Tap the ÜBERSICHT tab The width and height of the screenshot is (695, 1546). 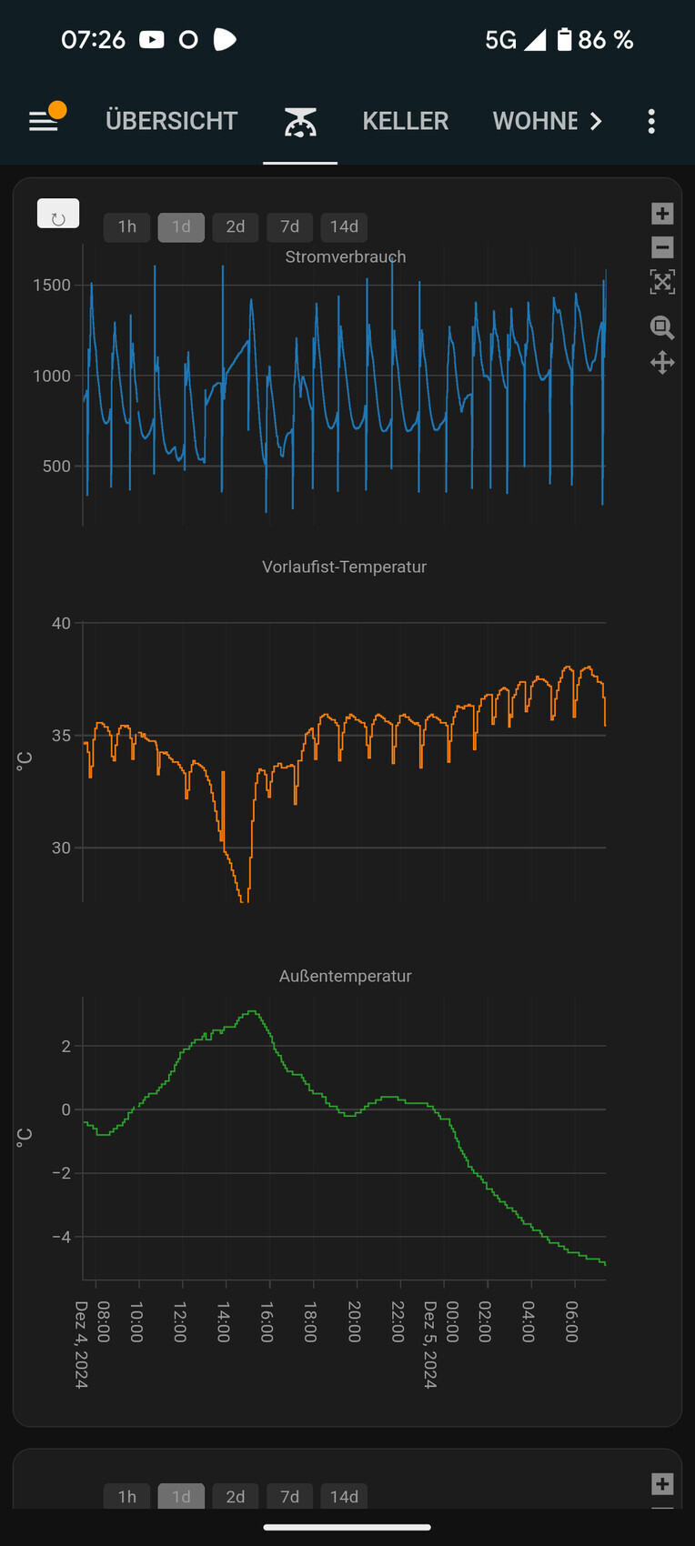pyautogui.click(x=171, y=121)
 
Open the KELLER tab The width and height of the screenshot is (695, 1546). pyautogui.click(x=405, y=121)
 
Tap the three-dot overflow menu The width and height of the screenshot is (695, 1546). pyautogui.click(x=651, y=121)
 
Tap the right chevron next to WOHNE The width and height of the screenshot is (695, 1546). pyautogui.click(x=596, y=121)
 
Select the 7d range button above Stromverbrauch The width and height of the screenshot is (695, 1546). pyautogui.click(x=289, y=226)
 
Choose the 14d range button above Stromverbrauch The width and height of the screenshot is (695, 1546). pyautogui.click(x=344, y=226)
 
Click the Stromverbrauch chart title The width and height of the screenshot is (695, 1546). pyautogui.click(x=346, y=256)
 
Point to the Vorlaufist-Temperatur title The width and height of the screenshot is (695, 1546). pyautogui.click(x=344, y=567)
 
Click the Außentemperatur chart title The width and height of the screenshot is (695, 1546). pyautogui.click(x=345, y=976)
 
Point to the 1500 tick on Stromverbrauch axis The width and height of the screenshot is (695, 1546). pyautogui.click(x=52, y=285)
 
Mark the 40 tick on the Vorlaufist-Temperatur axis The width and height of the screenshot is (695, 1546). pyautogui.click(x=61, y=623)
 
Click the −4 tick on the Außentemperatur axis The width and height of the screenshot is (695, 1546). pyautogui.click(x=61, y=1237)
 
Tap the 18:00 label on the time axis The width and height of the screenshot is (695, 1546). pyautogui.click(x=310, y=1321)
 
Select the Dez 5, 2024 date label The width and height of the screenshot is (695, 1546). pyautogui.click(x=430, y=1344)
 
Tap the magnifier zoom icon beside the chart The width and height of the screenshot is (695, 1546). pyautogui.click(x=662, y=327)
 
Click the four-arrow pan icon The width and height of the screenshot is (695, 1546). pyautogui.click(x=662, y=363)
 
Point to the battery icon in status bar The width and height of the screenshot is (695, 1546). pyautogui.click(x=564, y=39)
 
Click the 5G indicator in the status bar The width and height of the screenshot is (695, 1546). pyautogui.click(x=500, y=40)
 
